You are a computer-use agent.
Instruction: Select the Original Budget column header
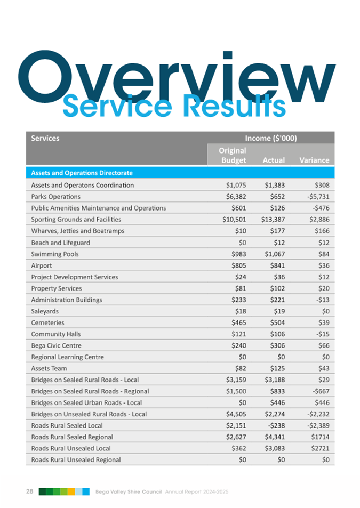pos(233,155)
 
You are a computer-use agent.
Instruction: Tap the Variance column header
pos(314,160)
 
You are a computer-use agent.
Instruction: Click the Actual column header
pos(274,160)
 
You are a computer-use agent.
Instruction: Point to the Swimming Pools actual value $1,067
pos(275,254)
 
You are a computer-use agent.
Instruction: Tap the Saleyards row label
pos(45,311)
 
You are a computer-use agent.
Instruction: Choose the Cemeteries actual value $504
pos(278,322)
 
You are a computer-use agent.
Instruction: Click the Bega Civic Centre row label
pos(54,345)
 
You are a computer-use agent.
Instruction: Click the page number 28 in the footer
pos(29,491)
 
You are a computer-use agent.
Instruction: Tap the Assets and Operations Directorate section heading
pos(82,173)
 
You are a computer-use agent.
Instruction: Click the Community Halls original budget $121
pos(237,334)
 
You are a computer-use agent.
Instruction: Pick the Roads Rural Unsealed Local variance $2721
pos(319,448)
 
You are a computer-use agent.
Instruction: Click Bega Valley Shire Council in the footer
pos(128,491)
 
